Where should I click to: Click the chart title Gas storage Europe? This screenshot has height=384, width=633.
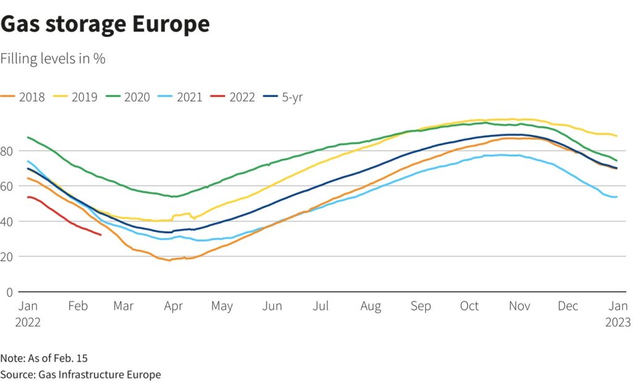point(105,24)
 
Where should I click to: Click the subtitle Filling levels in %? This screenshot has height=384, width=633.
point(53,59)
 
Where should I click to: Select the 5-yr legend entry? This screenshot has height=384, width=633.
point(284,97)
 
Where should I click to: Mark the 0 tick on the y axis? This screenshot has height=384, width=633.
point(9,291)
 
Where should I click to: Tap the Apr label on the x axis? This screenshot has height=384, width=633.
point(174,307)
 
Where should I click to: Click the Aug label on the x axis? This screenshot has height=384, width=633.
point(371,307)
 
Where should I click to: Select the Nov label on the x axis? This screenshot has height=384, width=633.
point(518,307)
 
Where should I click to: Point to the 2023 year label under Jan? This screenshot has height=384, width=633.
point(618,322)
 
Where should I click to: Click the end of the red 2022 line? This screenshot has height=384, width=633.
point(101,235)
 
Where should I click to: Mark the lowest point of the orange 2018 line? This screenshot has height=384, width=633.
point(169,260)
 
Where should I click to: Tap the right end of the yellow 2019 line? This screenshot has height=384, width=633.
point(617,136)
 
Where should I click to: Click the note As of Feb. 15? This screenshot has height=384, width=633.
point(40,358)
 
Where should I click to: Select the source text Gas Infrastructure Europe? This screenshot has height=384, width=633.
point(99,374)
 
